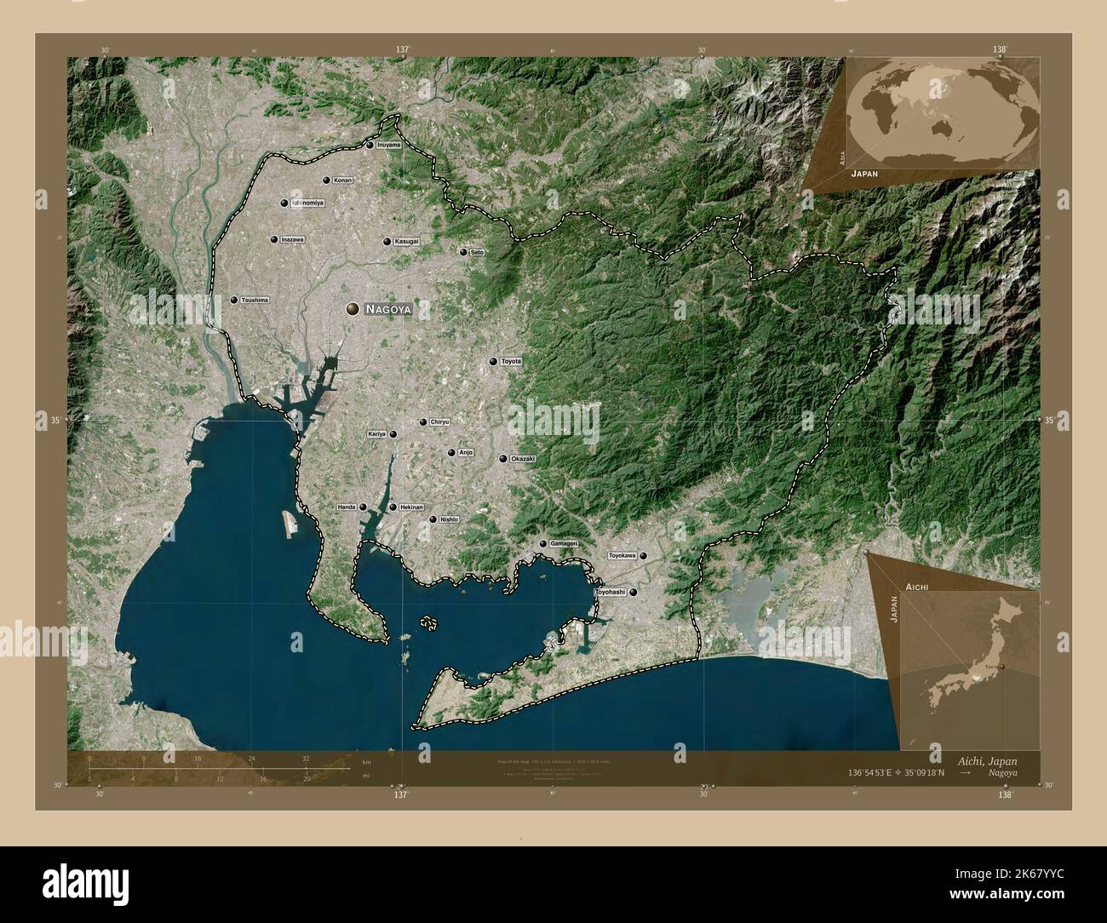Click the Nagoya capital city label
coord(388,310)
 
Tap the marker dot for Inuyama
coord(370,146)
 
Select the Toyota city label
coord(510,362)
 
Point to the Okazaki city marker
coord(503,459)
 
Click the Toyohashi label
coord(610,591)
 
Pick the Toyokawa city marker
coord(644,556)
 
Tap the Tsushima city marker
coord(234,300)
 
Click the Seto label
coord(477,252)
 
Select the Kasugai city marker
coord(387,242)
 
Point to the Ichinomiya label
coord(308,203)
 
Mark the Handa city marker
coord(363,507)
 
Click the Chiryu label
coord(439,422)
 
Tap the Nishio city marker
coord(433,519)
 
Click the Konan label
coord(342,181)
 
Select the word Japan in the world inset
coord(863,172)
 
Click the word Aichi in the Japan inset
coord(916,588)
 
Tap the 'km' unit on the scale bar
coord(366,762)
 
